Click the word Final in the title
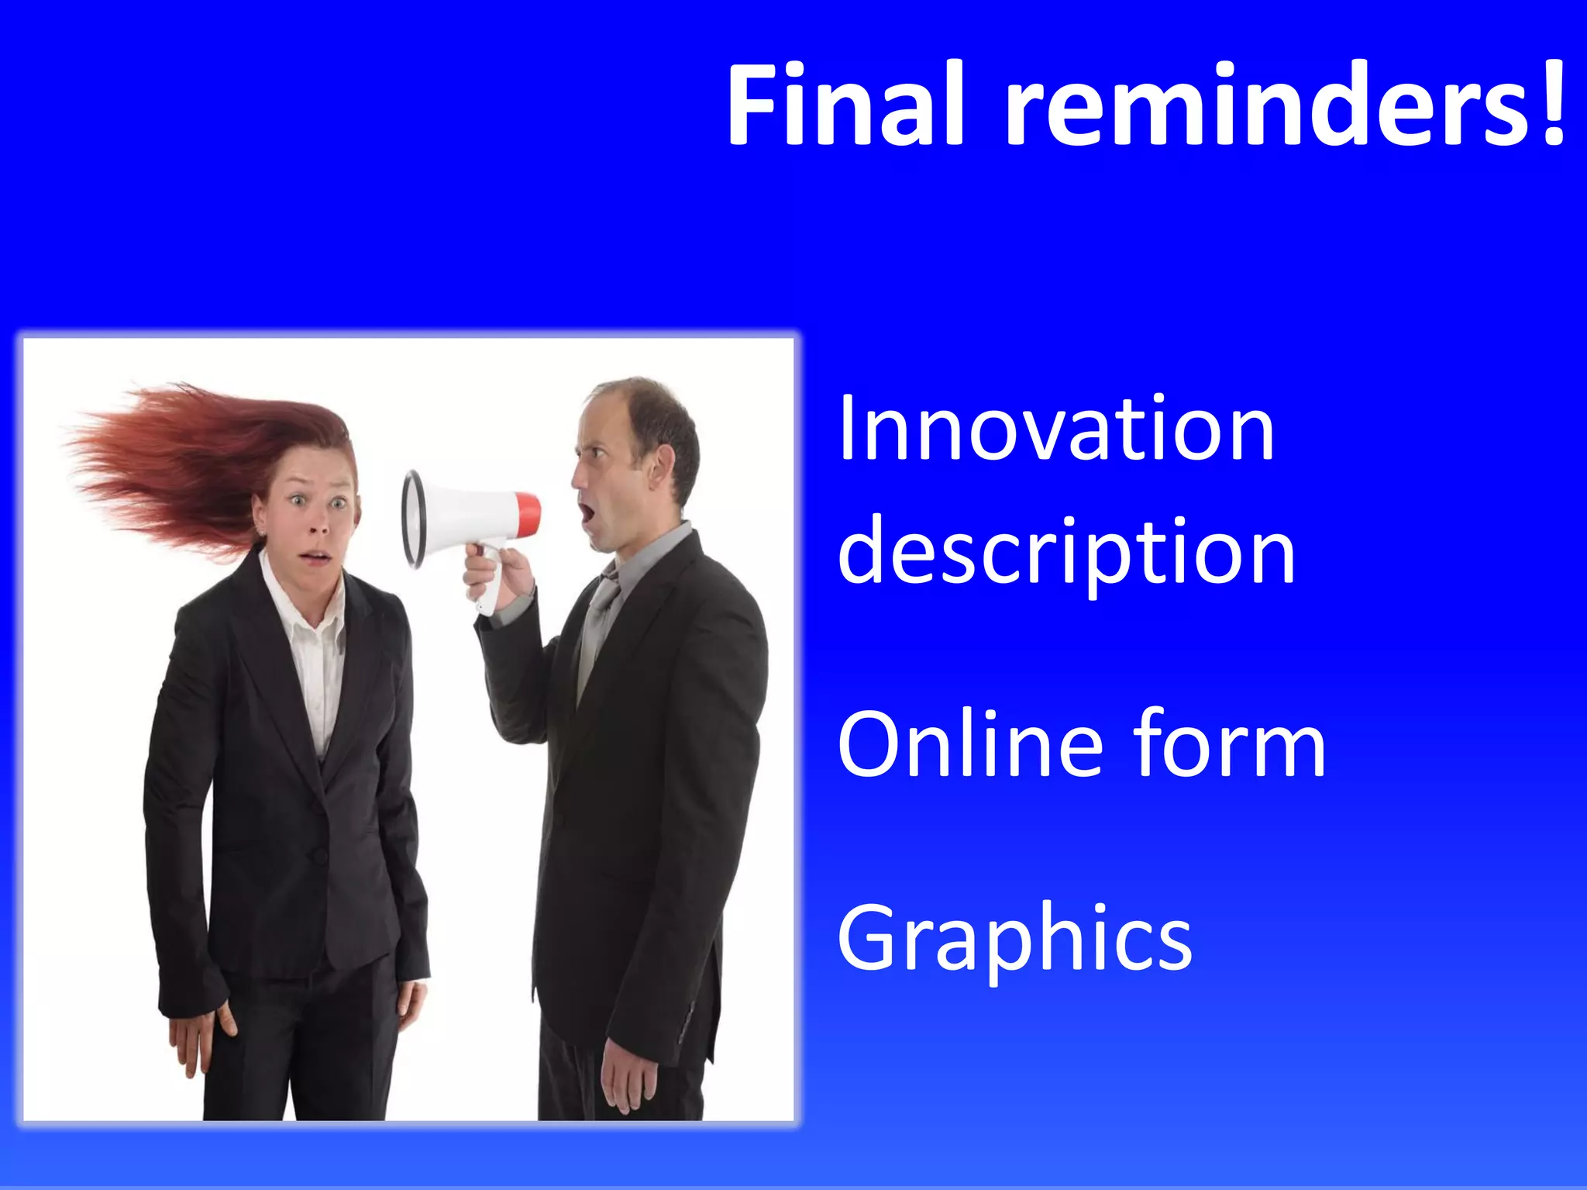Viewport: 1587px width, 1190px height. click(845, 105)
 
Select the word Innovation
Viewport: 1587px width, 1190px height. click(1055, 430)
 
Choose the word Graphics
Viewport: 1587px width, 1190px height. click(1014, 938)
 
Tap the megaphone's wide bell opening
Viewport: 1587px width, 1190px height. click(414, 518)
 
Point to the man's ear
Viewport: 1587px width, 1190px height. click(661, 465)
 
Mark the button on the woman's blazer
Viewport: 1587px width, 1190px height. click(318, 855)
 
